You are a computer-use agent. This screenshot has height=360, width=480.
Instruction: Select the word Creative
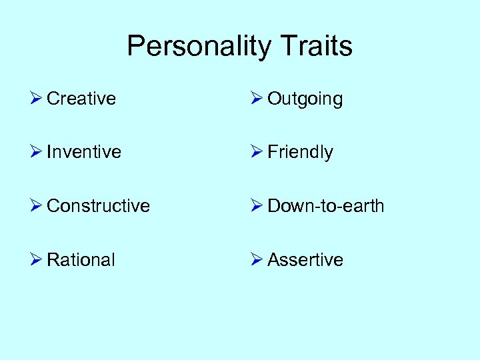point(81,99)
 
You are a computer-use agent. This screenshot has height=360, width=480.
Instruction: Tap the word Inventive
point(84,152)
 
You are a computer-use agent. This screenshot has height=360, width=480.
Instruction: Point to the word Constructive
point(98,206)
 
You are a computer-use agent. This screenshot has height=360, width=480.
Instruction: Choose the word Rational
point(81,259)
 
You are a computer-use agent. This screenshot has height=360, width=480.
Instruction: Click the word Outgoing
point(305,99)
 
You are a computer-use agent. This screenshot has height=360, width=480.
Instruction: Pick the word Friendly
point(300,152)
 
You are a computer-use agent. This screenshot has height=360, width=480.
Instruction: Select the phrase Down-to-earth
point(325,206)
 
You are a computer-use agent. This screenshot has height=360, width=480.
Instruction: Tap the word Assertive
point(305,259)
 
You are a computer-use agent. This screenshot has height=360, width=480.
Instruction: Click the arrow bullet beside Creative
point(37,99)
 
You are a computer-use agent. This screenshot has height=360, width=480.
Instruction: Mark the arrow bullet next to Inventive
point(37,152)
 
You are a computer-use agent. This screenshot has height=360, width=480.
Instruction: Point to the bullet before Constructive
point(37,206)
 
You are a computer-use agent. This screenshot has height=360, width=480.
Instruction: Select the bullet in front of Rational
point(37,259)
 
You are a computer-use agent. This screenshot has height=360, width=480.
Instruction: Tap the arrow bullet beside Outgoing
point(257,99)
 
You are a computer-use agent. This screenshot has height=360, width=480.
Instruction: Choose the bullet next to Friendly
point(257,152)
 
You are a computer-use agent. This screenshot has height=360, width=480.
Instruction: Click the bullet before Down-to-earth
point(257,206)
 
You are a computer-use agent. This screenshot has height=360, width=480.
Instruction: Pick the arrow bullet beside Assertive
point(257,259)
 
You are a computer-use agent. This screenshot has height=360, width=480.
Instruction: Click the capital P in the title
point(135,47)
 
